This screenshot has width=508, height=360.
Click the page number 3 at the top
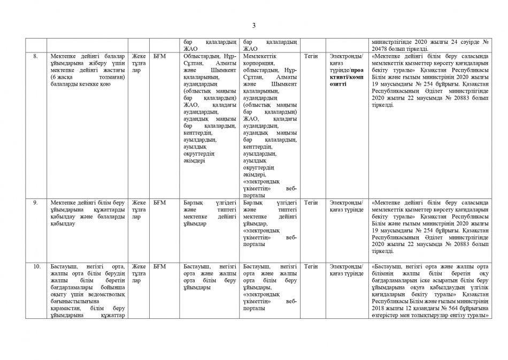(x=254, y=25)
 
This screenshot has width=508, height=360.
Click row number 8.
(x=35, y=56)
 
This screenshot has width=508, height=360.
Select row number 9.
(x=35, y=202)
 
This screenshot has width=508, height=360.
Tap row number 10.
(x=36, y=266)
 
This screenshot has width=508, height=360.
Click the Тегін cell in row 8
(x=311, y=56)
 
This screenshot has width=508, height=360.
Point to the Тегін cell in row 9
(x=311, y=202)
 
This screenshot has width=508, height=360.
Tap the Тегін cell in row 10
(x=311, y=266)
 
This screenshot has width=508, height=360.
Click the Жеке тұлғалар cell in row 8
(x=139, y=63)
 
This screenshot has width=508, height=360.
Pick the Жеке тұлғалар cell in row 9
(x=139, y=209)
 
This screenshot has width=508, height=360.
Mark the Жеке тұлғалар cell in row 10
(x=139, y=273)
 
